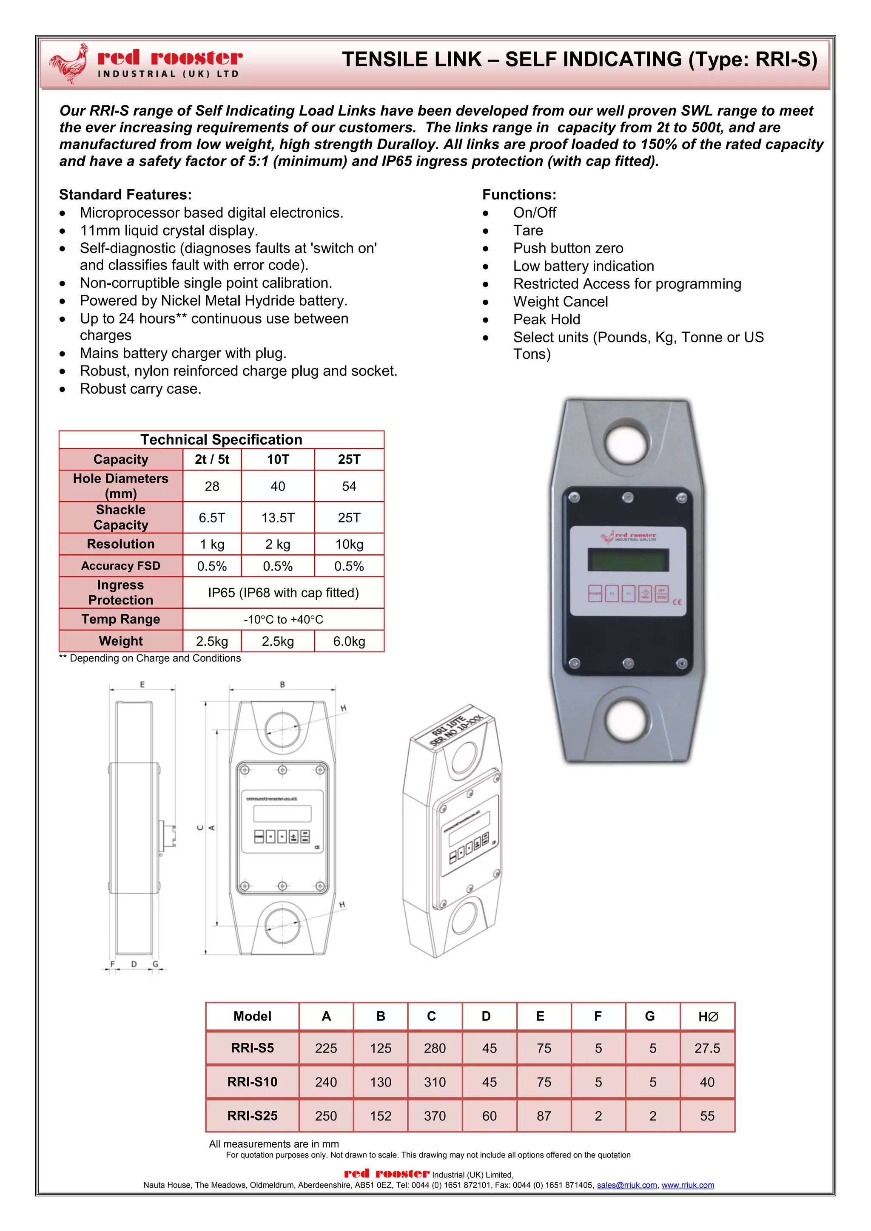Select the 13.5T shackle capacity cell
pos(278,517)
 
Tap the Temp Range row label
pos(121,619)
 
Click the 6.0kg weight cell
pos(349,641)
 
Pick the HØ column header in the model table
pos(707,1016)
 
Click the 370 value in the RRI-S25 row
pos(435,1116)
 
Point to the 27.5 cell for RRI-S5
pos(707,1048)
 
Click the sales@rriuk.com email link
pos(627,1185)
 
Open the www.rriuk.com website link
pos(688,1185)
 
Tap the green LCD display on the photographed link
pos(628,560)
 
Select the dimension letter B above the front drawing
pos(283,685)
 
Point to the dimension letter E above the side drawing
pos(142,685)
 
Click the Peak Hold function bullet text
pos(547,320)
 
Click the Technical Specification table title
pos(222,440)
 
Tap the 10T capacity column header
pos(278,459)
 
